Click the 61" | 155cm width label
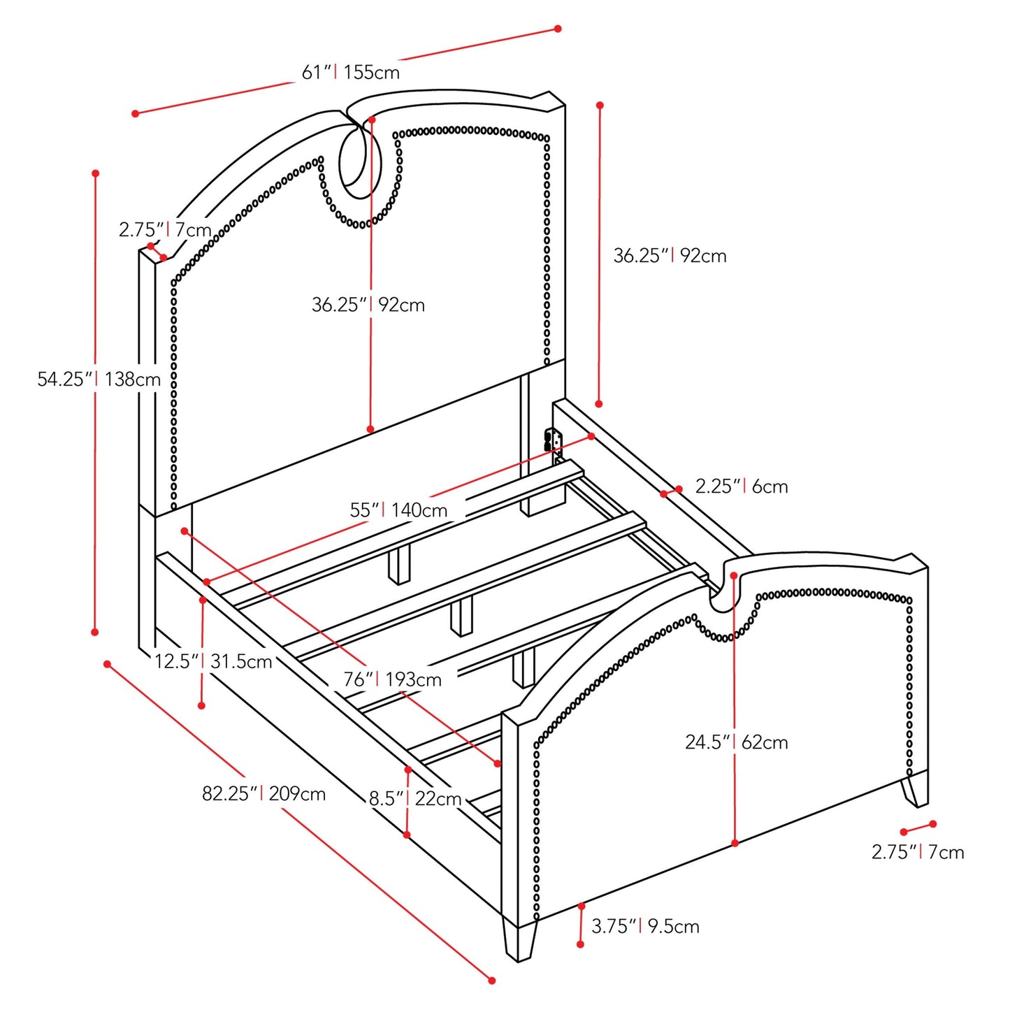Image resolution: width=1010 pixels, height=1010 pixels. tap(350, 72)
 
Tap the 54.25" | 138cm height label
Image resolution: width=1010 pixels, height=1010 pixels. tap(99, 380)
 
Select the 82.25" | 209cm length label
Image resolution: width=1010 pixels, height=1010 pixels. tap(264, 794)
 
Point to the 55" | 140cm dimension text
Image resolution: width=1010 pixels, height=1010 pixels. tap(398, 510)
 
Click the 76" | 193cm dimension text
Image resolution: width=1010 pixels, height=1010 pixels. tap(392, 679)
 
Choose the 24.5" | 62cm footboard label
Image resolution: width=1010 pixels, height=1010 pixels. tap(736, 742)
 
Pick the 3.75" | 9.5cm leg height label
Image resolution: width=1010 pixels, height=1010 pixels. tap(645, 927)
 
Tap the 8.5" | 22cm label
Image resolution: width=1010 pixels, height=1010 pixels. tap(415, 798)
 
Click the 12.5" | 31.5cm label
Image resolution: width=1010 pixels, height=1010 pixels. tap(213, 661)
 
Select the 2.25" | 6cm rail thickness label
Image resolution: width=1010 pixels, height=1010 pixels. tap(741, 486)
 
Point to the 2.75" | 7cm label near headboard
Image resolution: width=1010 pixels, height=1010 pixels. tap(165, 229)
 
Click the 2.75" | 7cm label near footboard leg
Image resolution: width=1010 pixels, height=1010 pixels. tap(917, 852)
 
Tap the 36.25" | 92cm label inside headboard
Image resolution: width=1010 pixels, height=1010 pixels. tap(368, 305)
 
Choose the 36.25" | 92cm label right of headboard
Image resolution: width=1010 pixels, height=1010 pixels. tap(670, 256)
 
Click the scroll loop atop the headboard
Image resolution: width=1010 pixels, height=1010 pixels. tap(361, 162)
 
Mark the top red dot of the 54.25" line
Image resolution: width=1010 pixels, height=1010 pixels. tap(95, 173)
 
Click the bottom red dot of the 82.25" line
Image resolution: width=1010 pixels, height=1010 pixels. tap(491, 980)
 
